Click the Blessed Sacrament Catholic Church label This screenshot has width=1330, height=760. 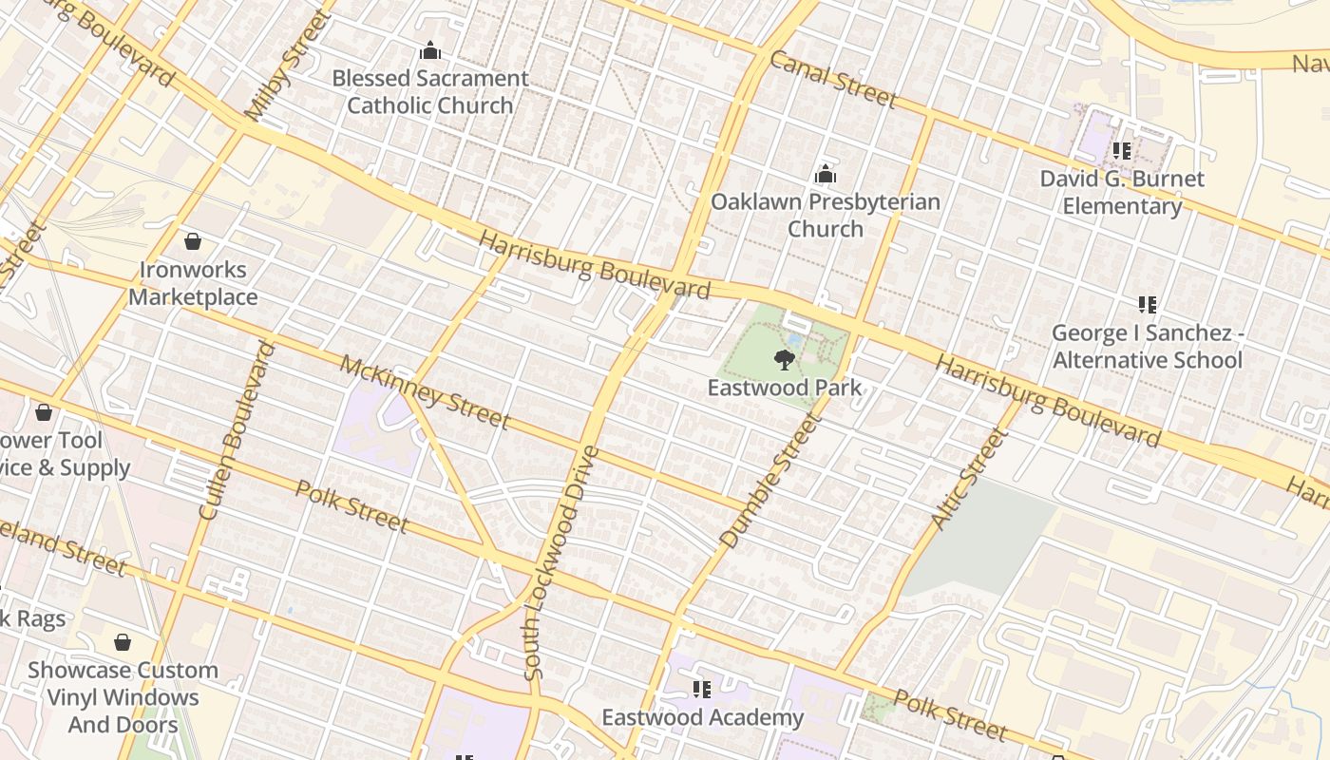tap(429, 92)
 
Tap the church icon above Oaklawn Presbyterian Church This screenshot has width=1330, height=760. tap(826, 174)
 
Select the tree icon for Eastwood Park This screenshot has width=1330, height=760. tap(784, 359)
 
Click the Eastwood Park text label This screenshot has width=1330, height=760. tap(785, 388)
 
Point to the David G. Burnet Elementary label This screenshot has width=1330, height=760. tap(1121, 193)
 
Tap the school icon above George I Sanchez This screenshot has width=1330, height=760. tap(1147, 305)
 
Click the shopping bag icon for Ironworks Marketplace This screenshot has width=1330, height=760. tap(193, 241)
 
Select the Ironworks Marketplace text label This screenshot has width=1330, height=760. tap(193, 283)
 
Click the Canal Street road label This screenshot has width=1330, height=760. tap(832, 80)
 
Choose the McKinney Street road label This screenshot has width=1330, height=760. tap(424, 391)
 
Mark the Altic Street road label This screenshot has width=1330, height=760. tap(967, 480)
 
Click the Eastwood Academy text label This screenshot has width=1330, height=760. tap(702, 717)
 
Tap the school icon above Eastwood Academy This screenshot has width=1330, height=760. tap(701, 689)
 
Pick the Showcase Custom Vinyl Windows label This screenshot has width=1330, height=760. tap(123, 697)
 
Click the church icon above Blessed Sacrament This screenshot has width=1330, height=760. tap(430, 49)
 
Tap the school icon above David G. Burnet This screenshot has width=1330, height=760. tap(1121, 150)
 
